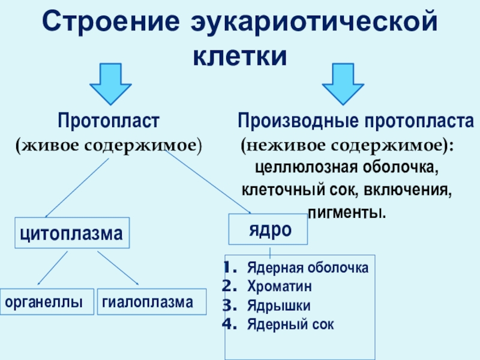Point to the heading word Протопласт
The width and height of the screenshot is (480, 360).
tap(108, 121)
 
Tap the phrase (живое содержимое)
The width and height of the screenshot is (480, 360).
tap(108, 145)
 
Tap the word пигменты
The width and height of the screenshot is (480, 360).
tap(347, 212)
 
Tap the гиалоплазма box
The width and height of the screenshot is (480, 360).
tap(152, 302)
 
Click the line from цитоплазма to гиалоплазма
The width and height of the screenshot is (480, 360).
tap(118, 268)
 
